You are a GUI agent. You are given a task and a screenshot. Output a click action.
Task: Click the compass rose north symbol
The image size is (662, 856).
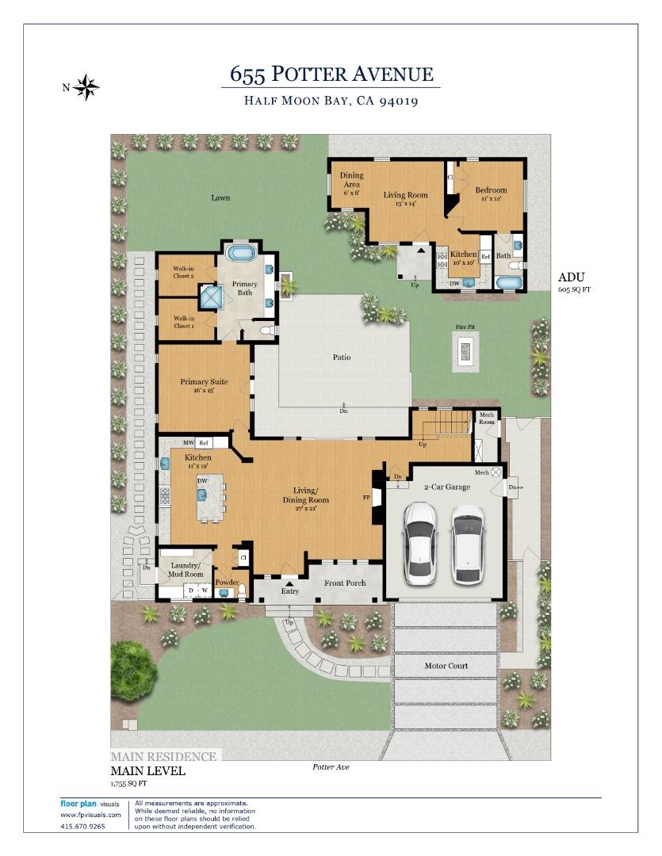(x=86, y=87)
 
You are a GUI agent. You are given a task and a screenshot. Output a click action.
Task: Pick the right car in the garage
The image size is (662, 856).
(x=468, y=545)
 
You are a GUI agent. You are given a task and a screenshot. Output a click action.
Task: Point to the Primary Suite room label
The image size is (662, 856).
(x=204, y=386)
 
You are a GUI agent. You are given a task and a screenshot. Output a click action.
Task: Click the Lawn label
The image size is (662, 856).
(x=220, y=197)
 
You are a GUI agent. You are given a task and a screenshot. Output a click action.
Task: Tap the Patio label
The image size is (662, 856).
(x=342, y=357)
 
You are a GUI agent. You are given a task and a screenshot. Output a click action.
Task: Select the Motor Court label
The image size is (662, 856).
(x=446, y=666)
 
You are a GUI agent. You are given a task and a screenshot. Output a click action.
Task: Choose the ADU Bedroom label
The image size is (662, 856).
(x=491, y=195)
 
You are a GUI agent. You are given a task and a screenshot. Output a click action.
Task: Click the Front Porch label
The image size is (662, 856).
(x=345, y=583)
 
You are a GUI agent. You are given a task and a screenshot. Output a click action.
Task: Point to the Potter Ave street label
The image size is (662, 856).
(x=331, y=767)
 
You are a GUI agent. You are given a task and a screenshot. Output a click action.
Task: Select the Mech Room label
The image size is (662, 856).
(x=486, y=418)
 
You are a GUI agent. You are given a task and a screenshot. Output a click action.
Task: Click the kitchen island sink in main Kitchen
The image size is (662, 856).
(x=203, y=495)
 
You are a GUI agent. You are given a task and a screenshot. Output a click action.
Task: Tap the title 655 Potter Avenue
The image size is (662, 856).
(x=331, y=75)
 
